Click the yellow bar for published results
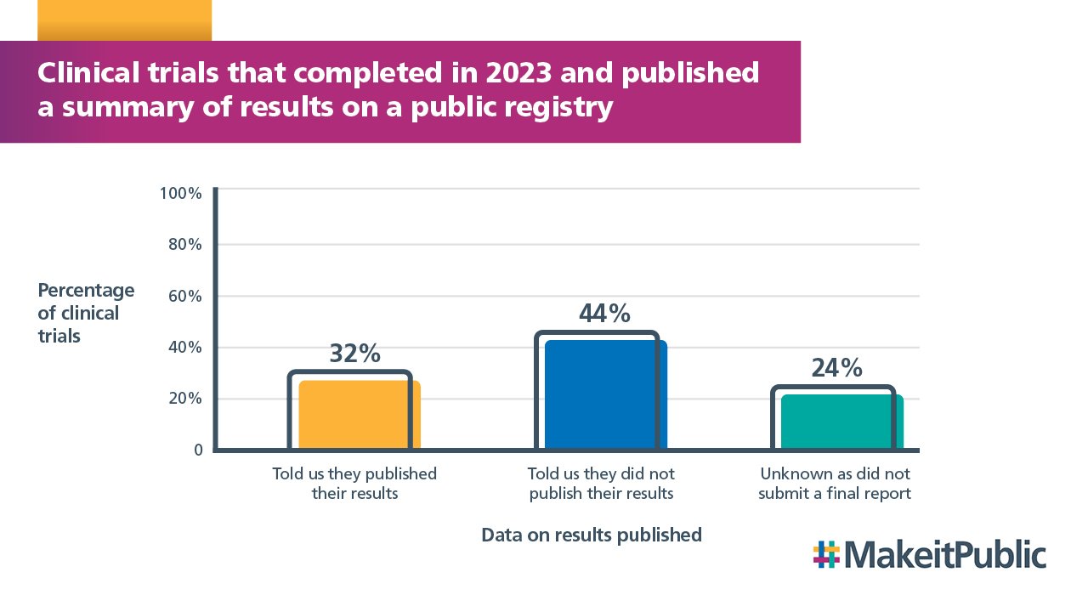[x=360, y=414]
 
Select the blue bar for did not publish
[x=605, y=394]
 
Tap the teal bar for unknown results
[x=841, y=421]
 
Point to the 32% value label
[x=354, y=354]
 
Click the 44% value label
[x=604, y=314]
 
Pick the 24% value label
[x=836, y=368]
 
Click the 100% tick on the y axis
[x=181, y=193]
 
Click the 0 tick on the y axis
[x=198, y=450]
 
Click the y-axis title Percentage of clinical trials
[x=86, y=313]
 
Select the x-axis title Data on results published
[x=592, y=535]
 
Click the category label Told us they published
[x=354, y=483]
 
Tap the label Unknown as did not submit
[x=835, y=483]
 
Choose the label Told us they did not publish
[x=601, y=483]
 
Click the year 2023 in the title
[x=518, y=74]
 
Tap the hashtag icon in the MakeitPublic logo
[x=826, y=554]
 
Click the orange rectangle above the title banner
[x=124, y=20]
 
